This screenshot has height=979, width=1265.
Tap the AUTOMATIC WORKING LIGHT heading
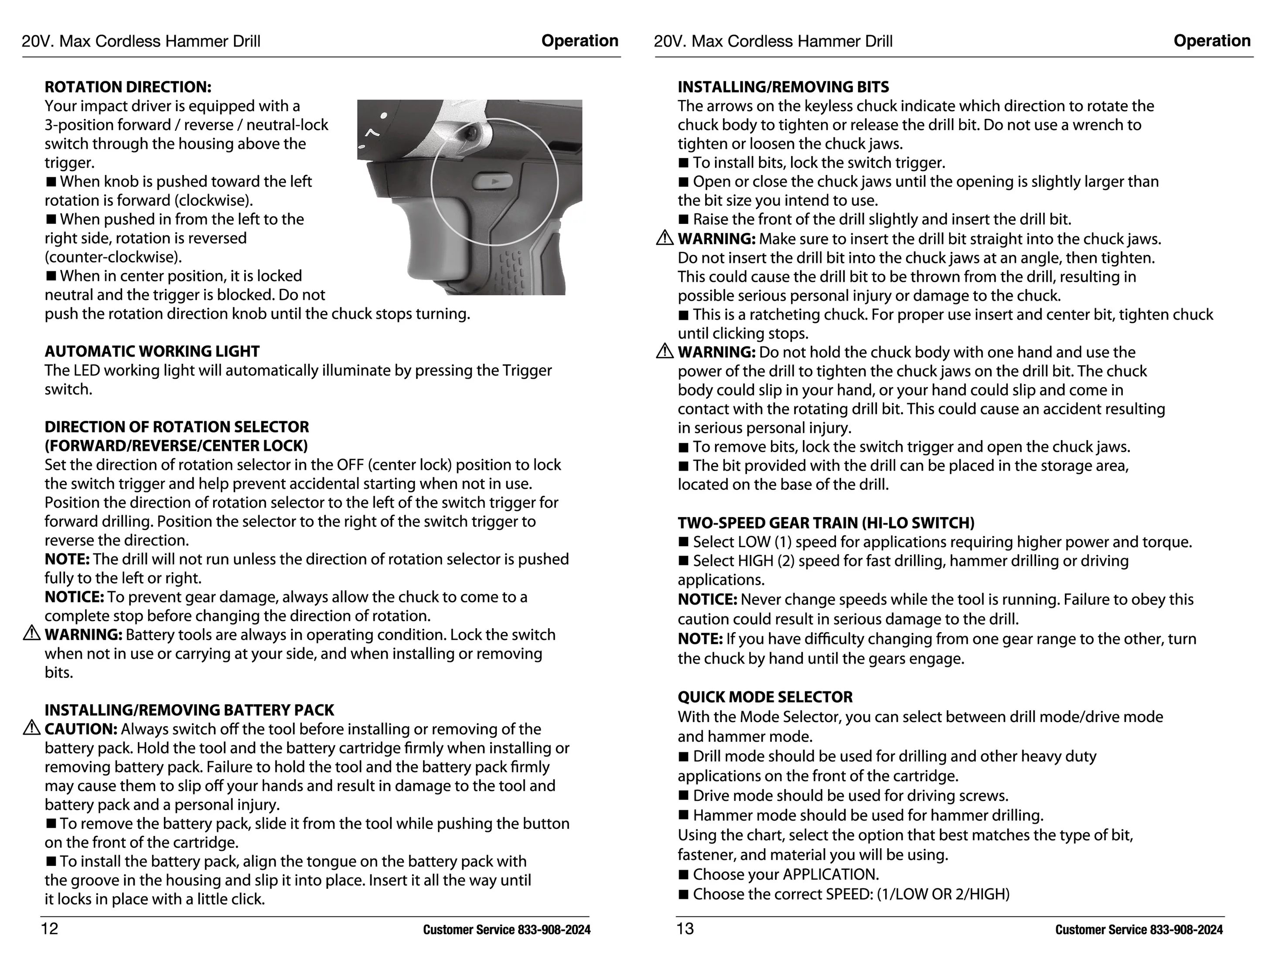pyautogui.click(x=152, y=351)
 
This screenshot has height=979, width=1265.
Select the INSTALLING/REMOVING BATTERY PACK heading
pyautogui.click(x=189, y=710)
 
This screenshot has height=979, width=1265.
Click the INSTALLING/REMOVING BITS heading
pyautogui.click(x=783, y=87)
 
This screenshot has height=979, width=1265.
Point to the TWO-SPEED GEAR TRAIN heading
pyautogui.click(x=826, y=523)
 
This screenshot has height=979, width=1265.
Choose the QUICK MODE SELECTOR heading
pyautogui.click(x=765, y=697)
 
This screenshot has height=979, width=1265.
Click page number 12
pyautogui.click(x=49, y=928)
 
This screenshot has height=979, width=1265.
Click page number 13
pyautogui.click(x=685, y=928)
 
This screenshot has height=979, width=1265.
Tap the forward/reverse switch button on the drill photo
pyautogui.click(x=493, y=182)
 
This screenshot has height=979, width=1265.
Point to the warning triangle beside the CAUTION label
pyautogui.click(x=31, y=728)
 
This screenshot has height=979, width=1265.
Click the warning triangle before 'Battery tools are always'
pyautogui.click(x=31, y=633)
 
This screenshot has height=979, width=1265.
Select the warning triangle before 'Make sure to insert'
pyautogui.click(x=665, y=238)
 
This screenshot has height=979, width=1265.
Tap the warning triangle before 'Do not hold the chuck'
pyautogui.click(x=665, y=351)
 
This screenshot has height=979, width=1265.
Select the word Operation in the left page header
pyautogui.click(x=580, y=41)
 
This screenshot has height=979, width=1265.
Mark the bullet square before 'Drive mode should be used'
pyautogui.click(x=683, y=795)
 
